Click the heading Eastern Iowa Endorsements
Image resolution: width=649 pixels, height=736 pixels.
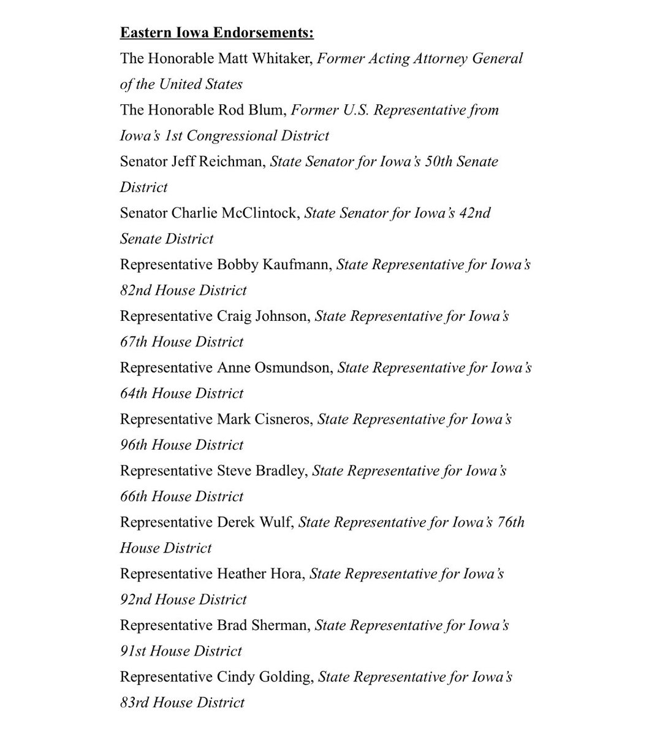(x=216, y=33)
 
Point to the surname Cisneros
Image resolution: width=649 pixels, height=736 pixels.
(x=283, y=419)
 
